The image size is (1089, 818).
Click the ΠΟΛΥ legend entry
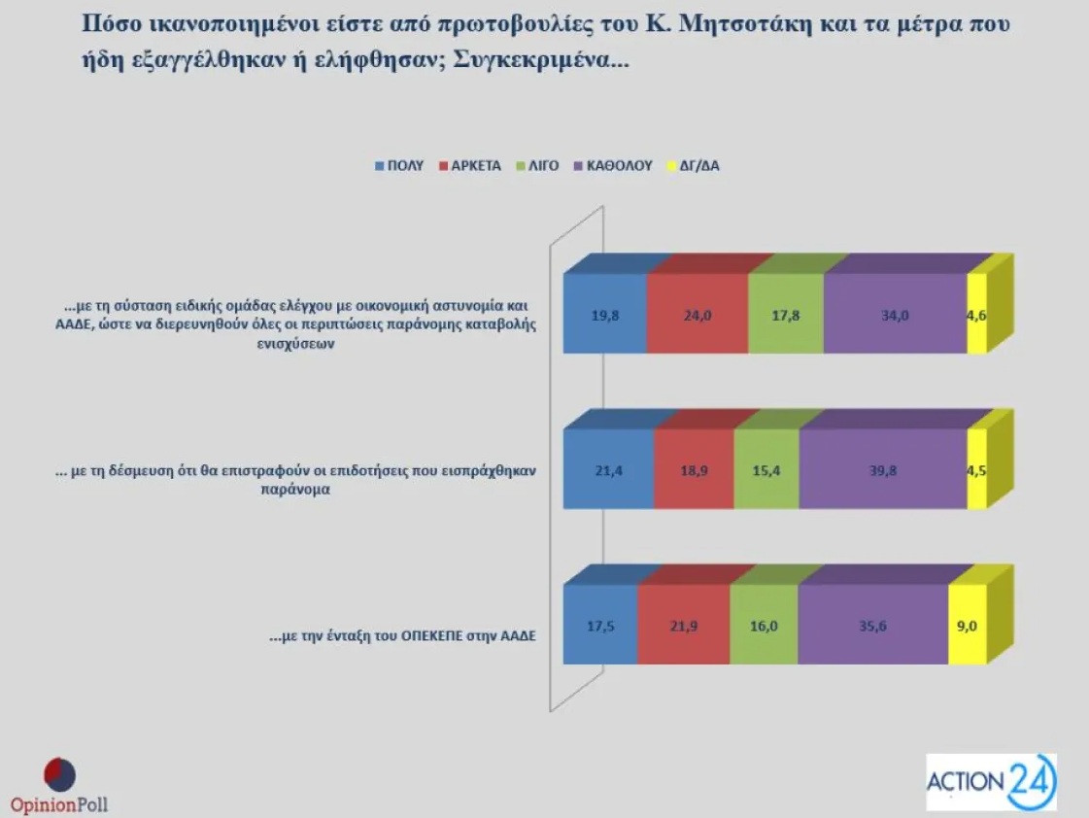[399, 166]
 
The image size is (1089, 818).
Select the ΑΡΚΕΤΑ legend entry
[470, 166]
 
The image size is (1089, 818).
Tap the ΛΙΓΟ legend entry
[537, 166]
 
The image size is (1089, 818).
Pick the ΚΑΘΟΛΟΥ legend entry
[613, 166]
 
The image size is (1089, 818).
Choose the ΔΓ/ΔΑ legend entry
[693, 166]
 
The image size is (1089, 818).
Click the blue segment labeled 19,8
[605, 314]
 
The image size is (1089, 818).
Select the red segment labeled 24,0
[698, 314]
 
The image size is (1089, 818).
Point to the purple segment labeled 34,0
[896, 314]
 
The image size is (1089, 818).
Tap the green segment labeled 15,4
[766, 469]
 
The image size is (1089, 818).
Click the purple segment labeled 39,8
[883, 469]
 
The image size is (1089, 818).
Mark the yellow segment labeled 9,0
[968, 625]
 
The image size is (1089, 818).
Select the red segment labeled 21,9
[683, 625]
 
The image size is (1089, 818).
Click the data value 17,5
[600, 626]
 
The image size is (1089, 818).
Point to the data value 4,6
[976, 316]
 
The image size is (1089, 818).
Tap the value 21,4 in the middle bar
[608, 471]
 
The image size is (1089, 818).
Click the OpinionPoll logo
[59, 786]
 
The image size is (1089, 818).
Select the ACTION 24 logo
[991, 782]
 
